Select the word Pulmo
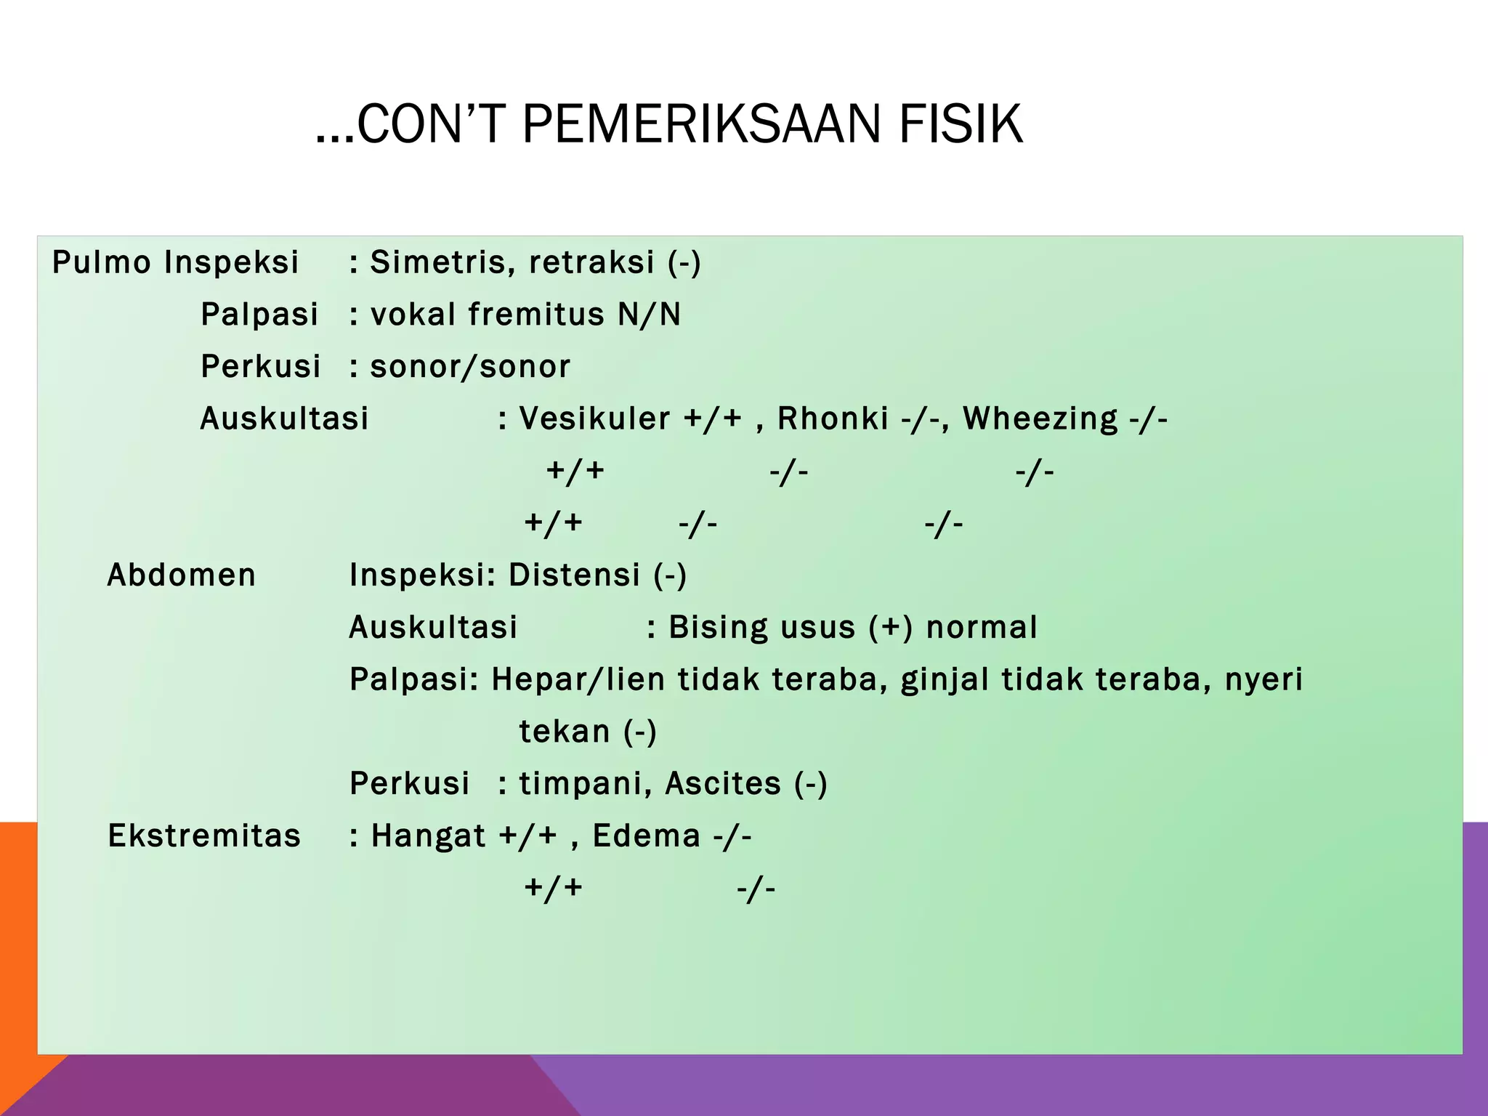(x=102, y=262)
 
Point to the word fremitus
(x=536, y=315)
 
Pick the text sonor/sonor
(x=470, y=367)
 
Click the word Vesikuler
(x=594, y=418)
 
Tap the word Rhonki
(x=833, y=418)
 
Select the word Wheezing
(x=1040, y=420)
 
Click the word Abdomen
(x=182, y=575)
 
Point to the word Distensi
(x=574, y=575)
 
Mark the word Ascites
(x=723, y=784)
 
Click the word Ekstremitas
(x=204, y=836)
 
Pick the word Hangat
(x=428, y=836)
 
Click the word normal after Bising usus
(x=982, y=628)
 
